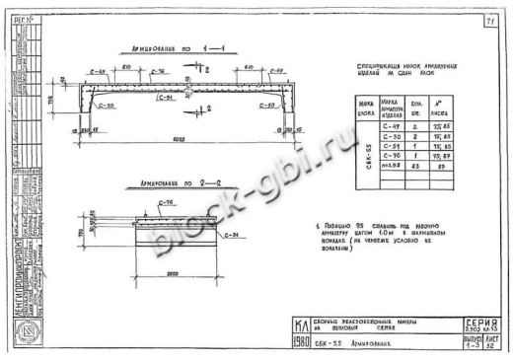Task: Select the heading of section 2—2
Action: [x=154, y=183]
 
